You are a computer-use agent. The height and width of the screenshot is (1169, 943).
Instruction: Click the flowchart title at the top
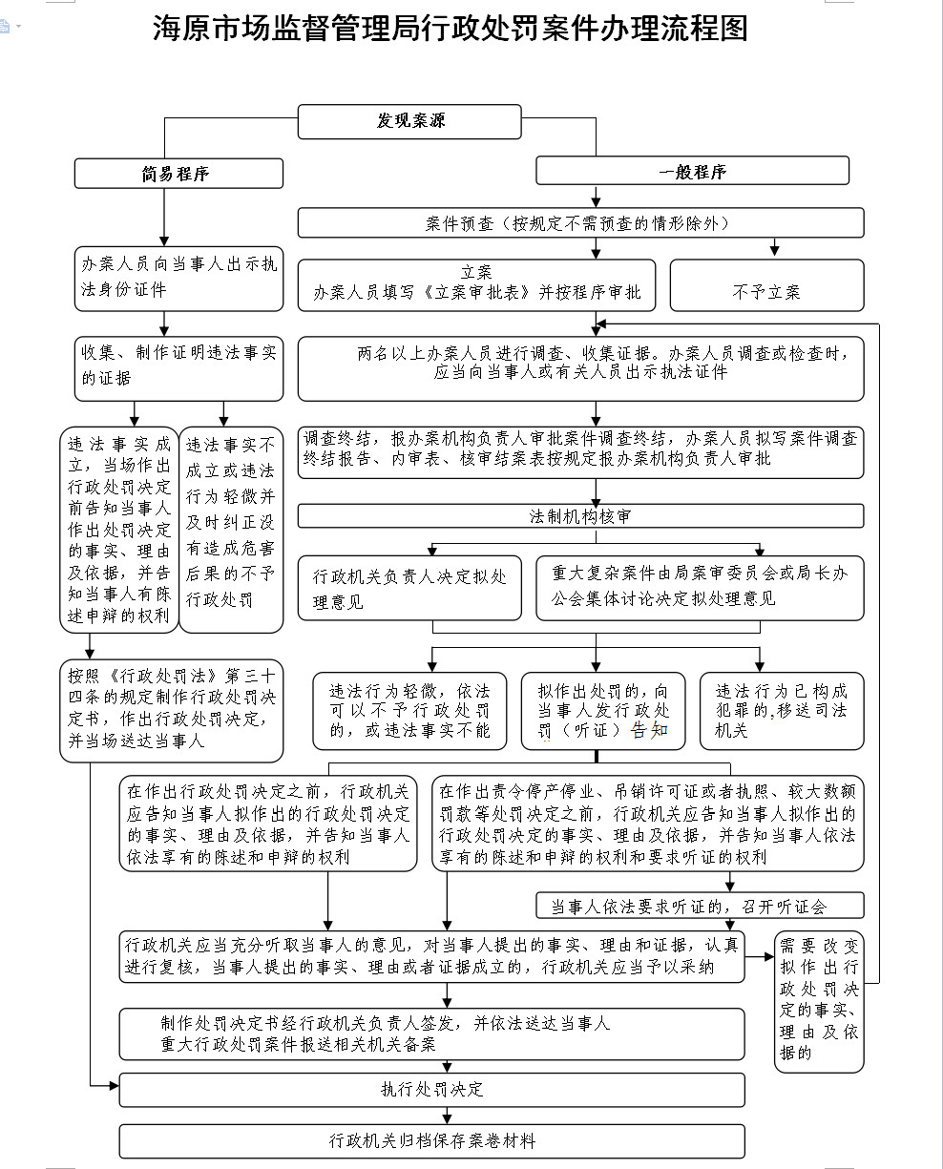tap(450, 29)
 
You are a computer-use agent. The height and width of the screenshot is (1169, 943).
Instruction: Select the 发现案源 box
tap(410, 121)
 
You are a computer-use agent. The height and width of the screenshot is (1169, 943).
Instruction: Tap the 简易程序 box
tap(178, 173)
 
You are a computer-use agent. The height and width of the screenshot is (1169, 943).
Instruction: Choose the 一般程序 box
tap(692, 172)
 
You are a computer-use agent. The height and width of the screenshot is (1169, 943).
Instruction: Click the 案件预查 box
tap(580, 223)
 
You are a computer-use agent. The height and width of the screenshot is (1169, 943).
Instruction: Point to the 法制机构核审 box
tap(580, 516)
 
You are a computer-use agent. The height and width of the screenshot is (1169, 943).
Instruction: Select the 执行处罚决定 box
tap(431, 1089)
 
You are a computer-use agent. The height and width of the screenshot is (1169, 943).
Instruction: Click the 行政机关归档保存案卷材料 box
tap(431, 1140)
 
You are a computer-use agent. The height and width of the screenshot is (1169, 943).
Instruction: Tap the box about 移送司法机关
tap(782, 711)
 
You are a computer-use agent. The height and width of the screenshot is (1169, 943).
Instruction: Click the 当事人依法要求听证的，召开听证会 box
tap(700, 905)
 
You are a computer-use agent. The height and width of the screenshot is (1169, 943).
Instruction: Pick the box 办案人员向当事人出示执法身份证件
tap(178, 277)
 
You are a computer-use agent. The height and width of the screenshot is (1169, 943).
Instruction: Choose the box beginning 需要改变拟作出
tap(818, 1000)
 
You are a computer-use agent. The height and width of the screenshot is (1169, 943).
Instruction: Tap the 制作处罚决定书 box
tap(431, 1033)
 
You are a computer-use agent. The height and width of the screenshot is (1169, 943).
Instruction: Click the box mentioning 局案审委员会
tap(700, 588)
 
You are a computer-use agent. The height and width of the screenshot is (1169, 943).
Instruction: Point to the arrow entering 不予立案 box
tap(774, 250)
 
